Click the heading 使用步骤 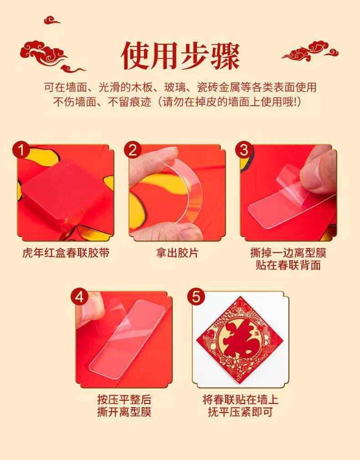[x=180, y=56]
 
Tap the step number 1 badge [x=21, y=150]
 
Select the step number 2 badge [x=133, y=150]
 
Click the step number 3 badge [x=244, y=150]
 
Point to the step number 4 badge [x=79, y=297]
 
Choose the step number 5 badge [x=196, y=297]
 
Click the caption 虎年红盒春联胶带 [x=66, y=253]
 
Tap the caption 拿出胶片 [x=177, y=253]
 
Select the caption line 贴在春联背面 [x=288, y=265]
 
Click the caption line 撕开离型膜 [x=124, y=412]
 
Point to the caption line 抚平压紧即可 [x=241, y=412]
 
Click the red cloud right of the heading [x=311, y=51]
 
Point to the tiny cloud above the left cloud [x=51, y=20]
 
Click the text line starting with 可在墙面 [x=180, y=88]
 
